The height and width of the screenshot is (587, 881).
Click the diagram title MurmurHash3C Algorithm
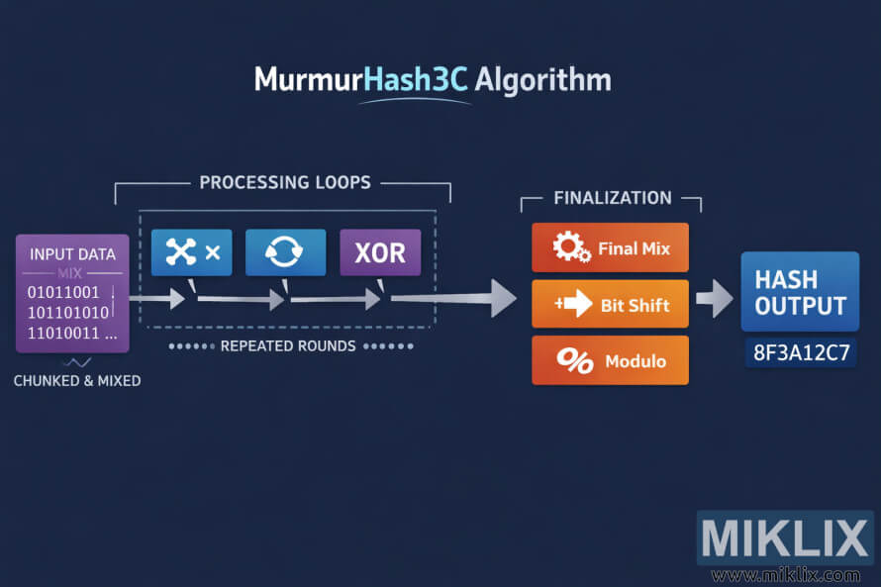pos(433,79)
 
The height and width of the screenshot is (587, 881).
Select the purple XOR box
pos(380,252)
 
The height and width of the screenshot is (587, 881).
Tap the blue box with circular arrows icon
pos(285,252)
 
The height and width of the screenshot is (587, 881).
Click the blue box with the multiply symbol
pos(192,252)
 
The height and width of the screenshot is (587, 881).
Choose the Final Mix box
pos(610,247)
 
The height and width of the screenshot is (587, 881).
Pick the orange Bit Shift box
pos(610,304)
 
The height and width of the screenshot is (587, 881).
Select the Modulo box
pos(610,360)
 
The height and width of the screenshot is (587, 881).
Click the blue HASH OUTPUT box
pos(800,291)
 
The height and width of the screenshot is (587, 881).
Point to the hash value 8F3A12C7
pos(800,352)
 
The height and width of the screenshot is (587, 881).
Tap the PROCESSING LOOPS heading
pos(285,182)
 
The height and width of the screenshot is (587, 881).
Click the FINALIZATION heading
pos(612,198)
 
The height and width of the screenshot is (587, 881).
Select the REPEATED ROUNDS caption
pos(288,346)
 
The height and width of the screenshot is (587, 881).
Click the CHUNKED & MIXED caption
pos(76,380)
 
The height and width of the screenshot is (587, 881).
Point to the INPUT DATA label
pos(72,254)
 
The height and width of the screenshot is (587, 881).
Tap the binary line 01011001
pos(63,292)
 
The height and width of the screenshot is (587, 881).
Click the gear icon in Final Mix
pos(571,247)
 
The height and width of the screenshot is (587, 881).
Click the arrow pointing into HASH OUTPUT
pos(715,298)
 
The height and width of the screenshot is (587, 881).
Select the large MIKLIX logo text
pos(785,539)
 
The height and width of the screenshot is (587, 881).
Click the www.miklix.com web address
pos(785,575)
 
